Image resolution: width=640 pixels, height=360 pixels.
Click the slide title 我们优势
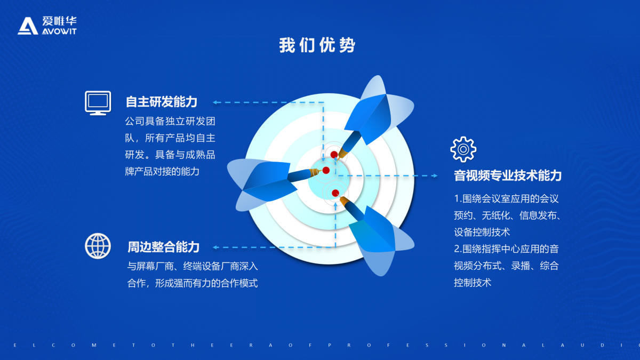[317, 45]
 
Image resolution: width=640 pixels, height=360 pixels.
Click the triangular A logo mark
[28, 26]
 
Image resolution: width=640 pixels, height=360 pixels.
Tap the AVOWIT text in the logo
[59, 31]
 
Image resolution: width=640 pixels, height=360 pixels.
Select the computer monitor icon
[98, 103]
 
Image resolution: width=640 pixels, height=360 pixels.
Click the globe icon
[98, 246]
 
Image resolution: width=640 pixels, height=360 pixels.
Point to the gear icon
[463, 149]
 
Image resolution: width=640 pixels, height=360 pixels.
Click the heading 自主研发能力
[162, 102]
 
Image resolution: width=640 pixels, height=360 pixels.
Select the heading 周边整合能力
[163, 247]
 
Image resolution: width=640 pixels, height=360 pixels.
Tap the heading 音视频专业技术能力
[508, 175]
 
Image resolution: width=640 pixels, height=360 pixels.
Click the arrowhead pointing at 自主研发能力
[215, 102]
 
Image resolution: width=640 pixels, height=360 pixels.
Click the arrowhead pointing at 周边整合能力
[215, 247]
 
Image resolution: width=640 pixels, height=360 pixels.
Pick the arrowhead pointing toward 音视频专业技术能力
[435, 175]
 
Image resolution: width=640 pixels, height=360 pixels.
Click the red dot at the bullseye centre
[326, 171]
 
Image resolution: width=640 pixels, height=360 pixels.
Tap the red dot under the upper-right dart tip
[334, 155]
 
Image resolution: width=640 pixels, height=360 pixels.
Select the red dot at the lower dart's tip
[335, 193]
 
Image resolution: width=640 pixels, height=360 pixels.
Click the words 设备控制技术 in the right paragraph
[482, 232]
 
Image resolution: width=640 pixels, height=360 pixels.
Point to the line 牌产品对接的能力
[162, 171]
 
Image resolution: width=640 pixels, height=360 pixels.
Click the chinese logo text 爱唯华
[59, 21]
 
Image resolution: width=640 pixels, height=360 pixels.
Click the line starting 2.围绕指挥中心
[506, 249]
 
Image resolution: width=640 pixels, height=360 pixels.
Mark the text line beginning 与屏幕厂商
[193, 266]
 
